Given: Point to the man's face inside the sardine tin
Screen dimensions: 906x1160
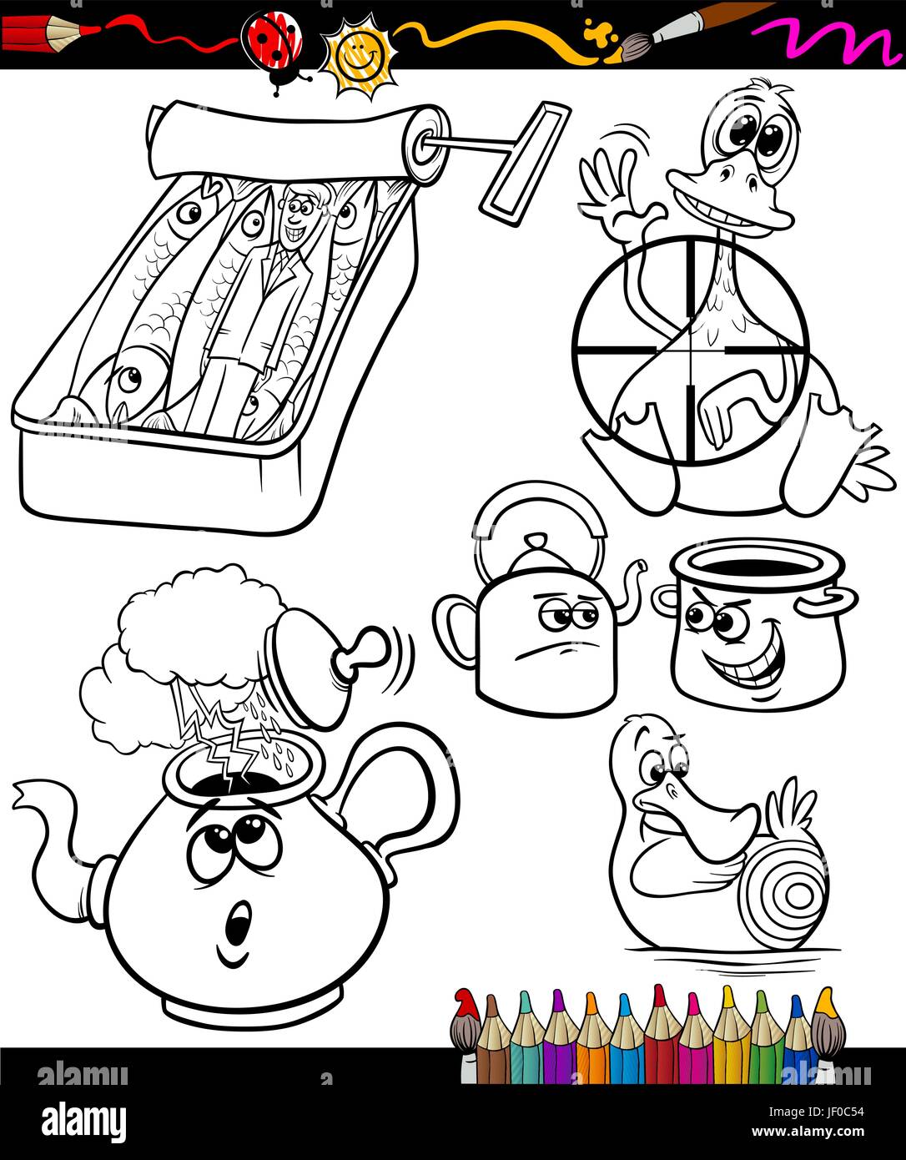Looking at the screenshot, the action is click(x=297, y=215).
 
